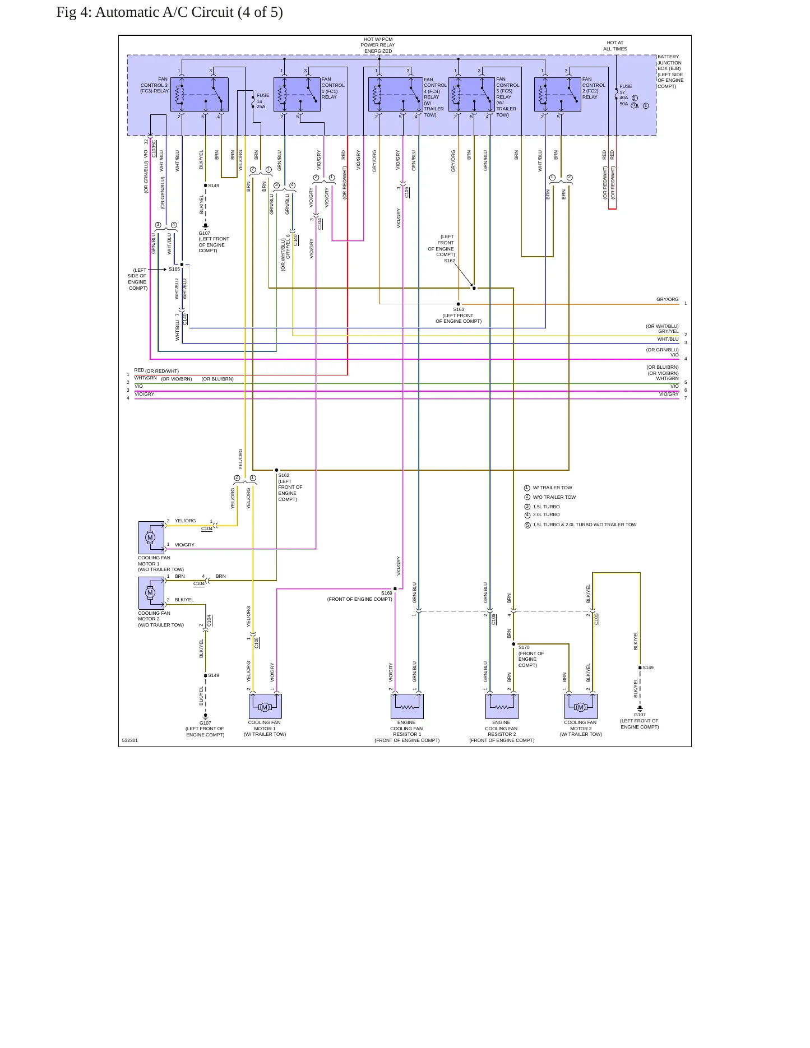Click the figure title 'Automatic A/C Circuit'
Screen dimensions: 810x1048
click(x=164, y=12)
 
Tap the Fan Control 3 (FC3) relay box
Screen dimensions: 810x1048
click(x=200, y=94)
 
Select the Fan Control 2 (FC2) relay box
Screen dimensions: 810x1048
click(x=558, y=94)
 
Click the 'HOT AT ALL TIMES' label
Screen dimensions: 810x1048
click(x=615, y=46)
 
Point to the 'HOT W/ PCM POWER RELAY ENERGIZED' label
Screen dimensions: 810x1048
click(x=378, y=45)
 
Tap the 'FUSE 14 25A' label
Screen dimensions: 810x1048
click(x=262, y=101)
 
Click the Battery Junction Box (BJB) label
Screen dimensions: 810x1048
click(x=670, y=71)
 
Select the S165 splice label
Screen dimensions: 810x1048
click(x=174, y=269)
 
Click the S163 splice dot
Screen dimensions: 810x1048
click(x=459, y=304)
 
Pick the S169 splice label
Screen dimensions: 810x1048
click(x=387, y=593)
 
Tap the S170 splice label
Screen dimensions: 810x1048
click(x=524, y=647)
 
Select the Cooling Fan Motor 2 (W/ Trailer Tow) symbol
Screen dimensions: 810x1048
click(x=581, y=706)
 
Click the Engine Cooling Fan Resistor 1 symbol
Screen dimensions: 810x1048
click(x=407, y=706)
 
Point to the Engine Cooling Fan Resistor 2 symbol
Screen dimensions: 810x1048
click(x=502, y=706)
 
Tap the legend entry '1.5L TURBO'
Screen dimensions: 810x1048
click(x=546, y=507)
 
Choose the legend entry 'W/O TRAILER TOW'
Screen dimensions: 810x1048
click(x=554, y=497)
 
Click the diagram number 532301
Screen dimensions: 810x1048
click(x=130, y=740)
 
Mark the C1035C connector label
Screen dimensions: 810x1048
click(x=154, y=149)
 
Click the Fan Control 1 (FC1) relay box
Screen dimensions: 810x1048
click(x=297, y=94)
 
